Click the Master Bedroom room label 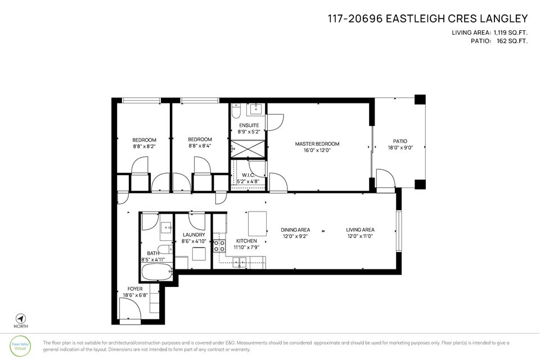tap(317, 144)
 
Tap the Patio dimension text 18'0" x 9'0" tap(400, 148)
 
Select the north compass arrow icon tap(20, 318)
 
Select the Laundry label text tap(193, 235)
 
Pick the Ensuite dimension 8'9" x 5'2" tap(249, 132)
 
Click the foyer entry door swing tap(130, 309)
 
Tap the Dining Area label tap(295, 229)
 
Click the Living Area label tap(360, 229)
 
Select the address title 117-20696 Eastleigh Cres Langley tap(427, 19)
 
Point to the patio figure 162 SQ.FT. tap(512, 40)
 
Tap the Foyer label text tap(135, 289)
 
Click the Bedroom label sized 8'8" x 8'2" tap(145, 139)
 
